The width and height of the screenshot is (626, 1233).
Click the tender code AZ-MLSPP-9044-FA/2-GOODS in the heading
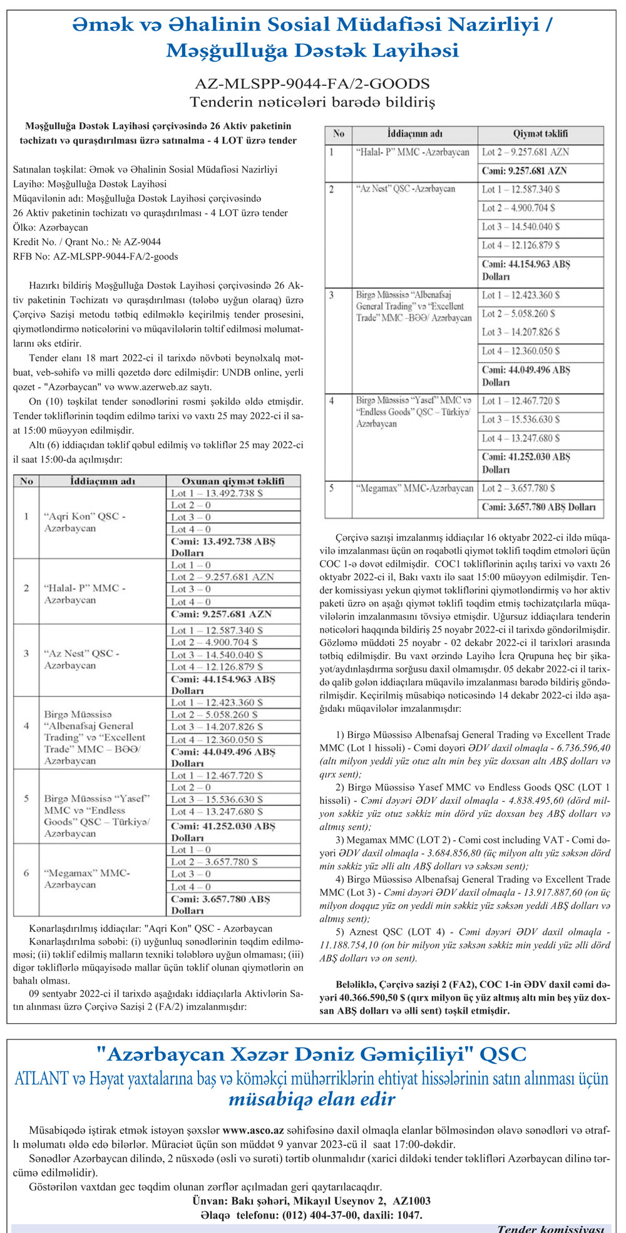312,83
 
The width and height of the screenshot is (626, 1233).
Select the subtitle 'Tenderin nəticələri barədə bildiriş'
312,101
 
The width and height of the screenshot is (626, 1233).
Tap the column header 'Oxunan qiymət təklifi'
233,481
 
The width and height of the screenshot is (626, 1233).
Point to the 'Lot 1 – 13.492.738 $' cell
217,493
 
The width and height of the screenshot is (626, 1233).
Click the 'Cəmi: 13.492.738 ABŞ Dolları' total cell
223,547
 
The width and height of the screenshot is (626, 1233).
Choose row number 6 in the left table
26,873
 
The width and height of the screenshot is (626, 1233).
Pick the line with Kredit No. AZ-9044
86,242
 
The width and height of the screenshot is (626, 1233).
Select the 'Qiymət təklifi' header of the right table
540,133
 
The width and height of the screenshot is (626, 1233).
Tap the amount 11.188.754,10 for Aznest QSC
352,945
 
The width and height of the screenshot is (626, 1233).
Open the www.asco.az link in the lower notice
254,1131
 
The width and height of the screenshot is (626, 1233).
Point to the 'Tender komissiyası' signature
550,1227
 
